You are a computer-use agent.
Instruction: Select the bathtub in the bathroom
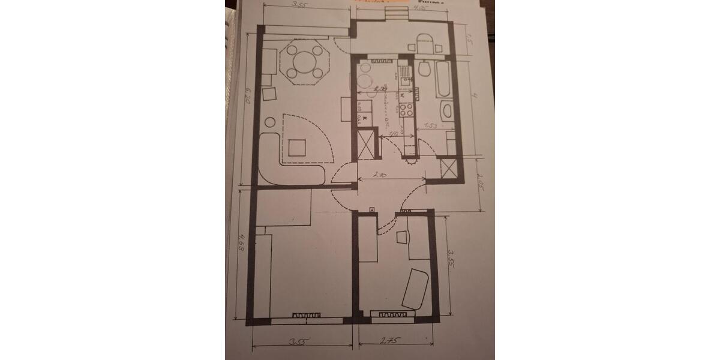443,78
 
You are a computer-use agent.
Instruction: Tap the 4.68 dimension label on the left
243,241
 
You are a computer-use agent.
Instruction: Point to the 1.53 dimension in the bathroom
431,125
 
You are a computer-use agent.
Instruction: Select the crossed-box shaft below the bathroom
448,168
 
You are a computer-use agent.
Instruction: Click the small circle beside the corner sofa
269,122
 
